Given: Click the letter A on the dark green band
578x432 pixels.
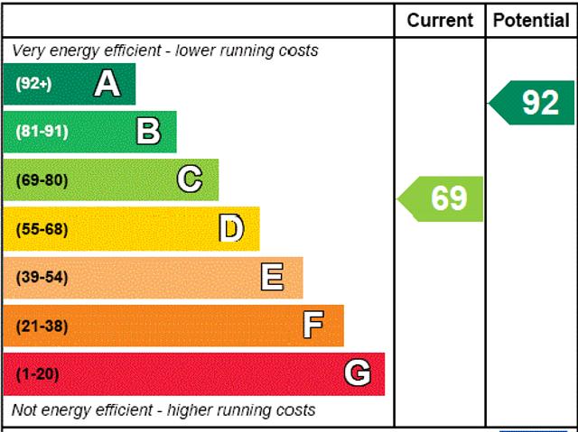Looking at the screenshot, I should click(x=107, y=84).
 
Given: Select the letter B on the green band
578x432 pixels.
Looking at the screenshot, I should click(x=148, y=132).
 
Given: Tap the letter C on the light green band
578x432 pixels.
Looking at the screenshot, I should click(x=190, y=179).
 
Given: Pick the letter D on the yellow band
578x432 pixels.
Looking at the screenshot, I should click(x=232, y=228).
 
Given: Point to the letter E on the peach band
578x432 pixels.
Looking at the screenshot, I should click(x=272, y=277).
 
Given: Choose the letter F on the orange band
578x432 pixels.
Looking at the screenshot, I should click(x=313, y=325).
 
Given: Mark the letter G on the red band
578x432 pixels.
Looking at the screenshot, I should click(x=358, y=373).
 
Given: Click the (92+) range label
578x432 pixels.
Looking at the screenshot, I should click(x=33, y=84).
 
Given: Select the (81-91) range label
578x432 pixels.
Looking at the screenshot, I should click(x=42, y=132).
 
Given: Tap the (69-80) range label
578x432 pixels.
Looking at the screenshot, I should click(x=42, y=179).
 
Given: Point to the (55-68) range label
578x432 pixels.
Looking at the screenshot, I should click(x=42, y=228).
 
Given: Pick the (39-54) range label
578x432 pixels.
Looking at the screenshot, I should click(x=42, y=277).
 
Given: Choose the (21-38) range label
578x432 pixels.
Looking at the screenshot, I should click(x=42, y=326).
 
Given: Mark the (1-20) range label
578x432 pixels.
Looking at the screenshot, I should click(x=37, y=373).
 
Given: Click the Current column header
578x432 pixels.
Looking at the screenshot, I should click(x=440, y=20).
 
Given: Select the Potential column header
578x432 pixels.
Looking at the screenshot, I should click(x=531, y=20).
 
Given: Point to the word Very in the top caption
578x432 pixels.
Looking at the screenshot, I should click(x=28, y=51).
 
